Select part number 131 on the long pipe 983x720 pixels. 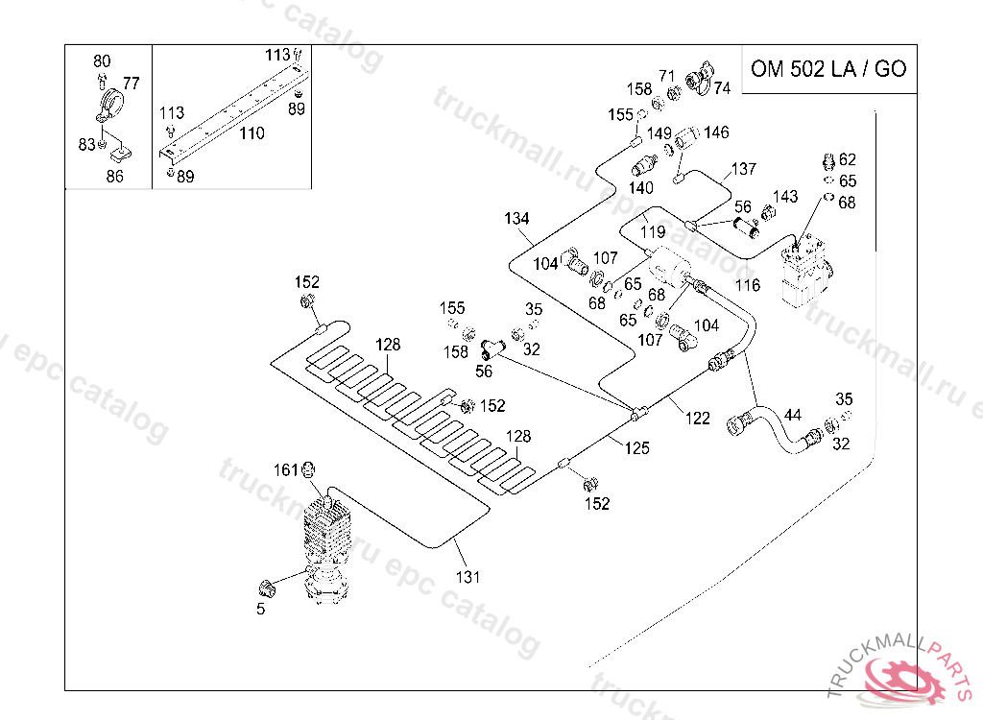(468, 577)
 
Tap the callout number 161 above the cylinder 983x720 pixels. (286, 469)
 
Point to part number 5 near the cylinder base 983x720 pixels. (260, 608)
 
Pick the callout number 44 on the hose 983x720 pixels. (792, 416)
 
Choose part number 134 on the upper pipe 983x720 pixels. (516, 219)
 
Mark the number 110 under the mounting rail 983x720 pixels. (252, 133)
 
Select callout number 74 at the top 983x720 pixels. (722, 87)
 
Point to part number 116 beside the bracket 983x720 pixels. (747, 285)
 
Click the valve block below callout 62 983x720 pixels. (803, 274)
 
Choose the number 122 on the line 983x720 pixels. (698, 418)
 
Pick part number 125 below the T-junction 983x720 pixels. (637, 447)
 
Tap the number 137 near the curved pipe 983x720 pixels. (744, 169)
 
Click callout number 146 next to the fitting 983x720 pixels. (716, 132)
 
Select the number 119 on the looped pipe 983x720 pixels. (653, 231)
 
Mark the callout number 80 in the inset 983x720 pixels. (102, 61)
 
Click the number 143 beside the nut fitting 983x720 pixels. (785, 197)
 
